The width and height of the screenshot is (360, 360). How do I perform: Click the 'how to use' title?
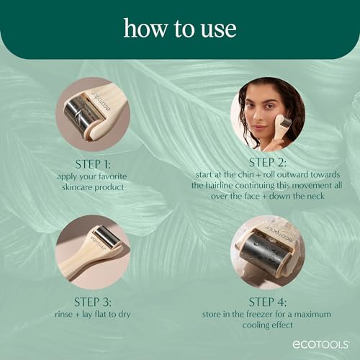point(179,29)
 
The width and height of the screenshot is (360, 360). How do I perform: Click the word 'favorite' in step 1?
point(103,174)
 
